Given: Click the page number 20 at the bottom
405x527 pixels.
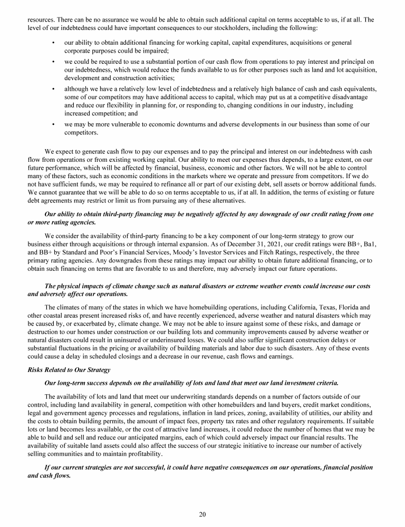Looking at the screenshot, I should point(202,515).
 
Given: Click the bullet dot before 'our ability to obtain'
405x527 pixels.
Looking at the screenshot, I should point(54,42).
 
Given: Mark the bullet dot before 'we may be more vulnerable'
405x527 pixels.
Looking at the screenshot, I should point(54,124).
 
